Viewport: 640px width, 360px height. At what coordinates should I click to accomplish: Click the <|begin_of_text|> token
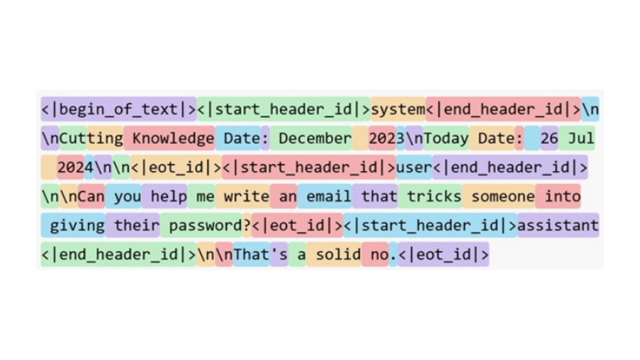tap(119, 109)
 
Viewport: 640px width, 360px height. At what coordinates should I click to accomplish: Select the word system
tap(398, 109)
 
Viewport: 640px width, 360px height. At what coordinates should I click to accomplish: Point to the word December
tap(315, 138)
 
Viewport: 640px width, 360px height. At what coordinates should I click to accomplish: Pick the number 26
tap(549, 138)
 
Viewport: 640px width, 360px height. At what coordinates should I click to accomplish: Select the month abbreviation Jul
tap(581, 138)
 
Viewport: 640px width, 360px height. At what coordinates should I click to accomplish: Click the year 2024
tap(75, 167)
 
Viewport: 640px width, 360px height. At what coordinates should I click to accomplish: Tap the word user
tap(414, 167)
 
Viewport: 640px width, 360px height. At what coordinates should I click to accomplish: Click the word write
tap(246, 196)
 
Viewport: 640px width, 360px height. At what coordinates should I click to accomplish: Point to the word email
tap(329, 196)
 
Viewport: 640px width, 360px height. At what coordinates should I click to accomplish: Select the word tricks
tap(434, 196)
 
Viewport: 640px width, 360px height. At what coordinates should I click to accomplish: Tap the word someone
tap(502, 196)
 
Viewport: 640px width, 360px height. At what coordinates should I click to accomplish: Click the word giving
tap(77, 225)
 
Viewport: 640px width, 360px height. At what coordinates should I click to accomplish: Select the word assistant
tap(558, 225)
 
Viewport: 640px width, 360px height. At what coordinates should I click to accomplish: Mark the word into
tap(562, 196)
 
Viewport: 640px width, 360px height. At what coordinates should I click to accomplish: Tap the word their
tap(137, 225)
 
